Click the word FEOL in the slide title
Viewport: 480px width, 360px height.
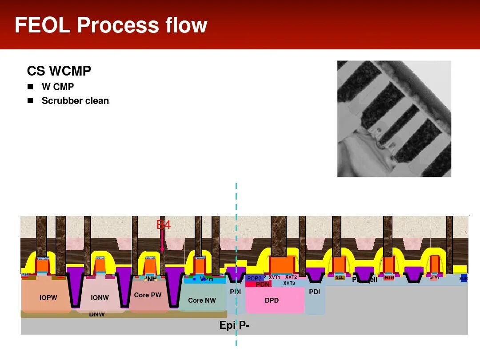(x=42, y=25)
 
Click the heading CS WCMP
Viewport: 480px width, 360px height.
(x=59, y=71)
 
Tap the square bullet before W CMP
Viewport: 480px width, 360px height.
(x=30, y=86)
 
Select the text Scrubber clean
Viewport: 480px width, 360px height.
(x=75, y=101)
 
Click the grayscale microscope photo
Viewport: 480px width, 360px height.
(x=394, y=119)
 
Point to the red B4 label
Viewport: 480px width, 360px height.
(x=164, y=225)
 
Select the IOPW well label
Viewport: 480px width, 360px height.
(x=48, y=298)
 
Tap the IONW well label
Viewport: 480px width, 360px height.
(x=100, y=298)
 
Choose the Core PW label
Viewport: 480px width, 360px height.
(x=148, y=295)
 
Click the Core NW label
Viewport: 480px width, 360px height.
(x=202, y=300)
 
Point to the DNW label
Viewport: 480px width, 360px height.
(x=97, y=314)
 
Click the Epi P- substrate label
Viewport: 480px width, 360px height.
(x=234, y=325)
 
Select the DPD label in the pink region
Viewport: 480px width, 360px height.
(x=272, y=300)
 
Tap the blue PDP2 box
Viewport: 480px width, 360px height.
(x=254, y=279)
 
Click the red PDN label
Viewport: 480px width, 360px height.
(x=262, y=284)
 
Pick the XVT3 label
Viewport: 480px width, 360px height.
(x=289, y=283)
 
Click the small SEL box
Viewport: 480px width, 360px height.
(x=340, y=277)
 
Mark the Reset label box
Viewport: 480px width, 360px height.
(x=388, y=277)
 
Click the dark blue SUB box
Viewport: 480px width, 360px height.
(x=464, y=279)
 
